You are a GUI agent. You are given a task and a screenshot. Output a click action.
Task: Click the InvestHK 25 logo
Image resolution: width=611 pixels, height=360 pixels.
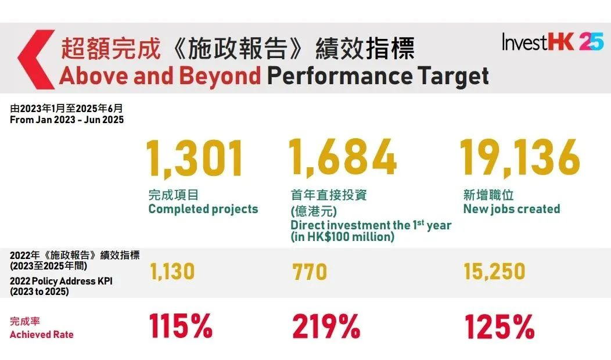coord(552,42)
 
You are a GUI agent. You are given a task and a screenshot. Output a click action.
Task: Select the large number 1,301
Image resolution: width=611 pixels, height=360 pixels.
coord(195,159)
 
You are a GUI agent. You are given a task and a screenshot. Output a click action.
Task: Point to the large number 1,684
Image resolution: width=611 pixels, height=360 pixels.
coord(343,159)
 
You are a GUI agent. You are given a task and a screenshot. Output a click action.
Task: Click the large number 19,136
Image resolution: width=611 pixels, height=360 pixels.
coord(520,159)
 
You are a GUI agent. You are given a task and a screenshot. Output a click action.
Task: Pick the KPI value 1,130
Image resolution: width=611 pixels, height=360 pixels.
coord(172,271)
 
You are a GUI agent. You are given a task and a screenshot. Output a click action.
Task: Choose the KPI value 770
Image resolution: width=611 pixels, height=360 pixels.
coord(310,272)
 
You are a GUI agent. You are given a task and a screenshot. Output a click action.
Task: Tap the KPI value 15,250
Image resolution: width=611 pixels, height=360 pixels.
coord(494,271)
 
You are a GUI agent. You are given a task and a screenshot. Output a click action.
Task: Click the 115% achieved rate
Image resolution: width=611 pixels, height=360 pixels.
coord(181,327)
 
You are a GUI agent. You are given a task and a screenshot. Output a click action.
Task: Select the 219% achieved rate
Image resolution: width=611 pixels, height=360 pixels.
coord(326,327)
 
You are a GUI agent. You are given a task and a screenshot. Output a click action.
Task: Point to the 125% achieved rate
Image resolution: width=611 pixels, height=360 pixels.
coord(499,327)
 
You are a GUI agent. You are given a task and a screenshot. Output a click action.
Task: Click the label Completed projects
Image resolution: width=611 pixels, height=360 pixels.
coord(203,209)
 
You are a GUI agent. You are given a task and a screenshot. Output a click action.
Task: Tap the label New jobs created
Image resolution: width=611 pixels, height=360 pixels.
coord(512,209)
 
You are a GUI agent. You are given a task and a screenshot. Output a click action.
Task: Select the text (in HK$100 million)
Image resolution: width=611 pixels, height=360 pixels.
coord(342,237)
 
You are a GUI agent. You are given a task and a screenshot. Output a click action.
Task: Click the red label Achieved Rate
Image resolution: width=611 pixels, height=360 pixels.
coord(42,334)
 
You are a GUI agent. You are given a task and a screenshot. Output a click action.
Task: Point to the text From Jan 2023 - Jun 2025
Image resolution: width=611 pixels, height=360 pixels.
coord(67,120)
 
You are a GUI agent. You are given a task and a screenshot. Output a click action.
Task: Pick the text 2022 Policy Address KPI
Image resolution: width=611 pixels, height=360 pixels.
coord(61,282)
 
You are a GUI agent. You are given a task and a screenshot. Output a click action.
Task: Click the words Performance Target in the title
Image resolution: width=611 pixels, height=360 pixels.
coord(378,75)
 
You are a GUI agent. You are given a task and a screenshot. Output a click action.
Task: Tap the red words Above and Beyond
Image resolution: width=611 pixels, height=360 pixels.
coord(160,75)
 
